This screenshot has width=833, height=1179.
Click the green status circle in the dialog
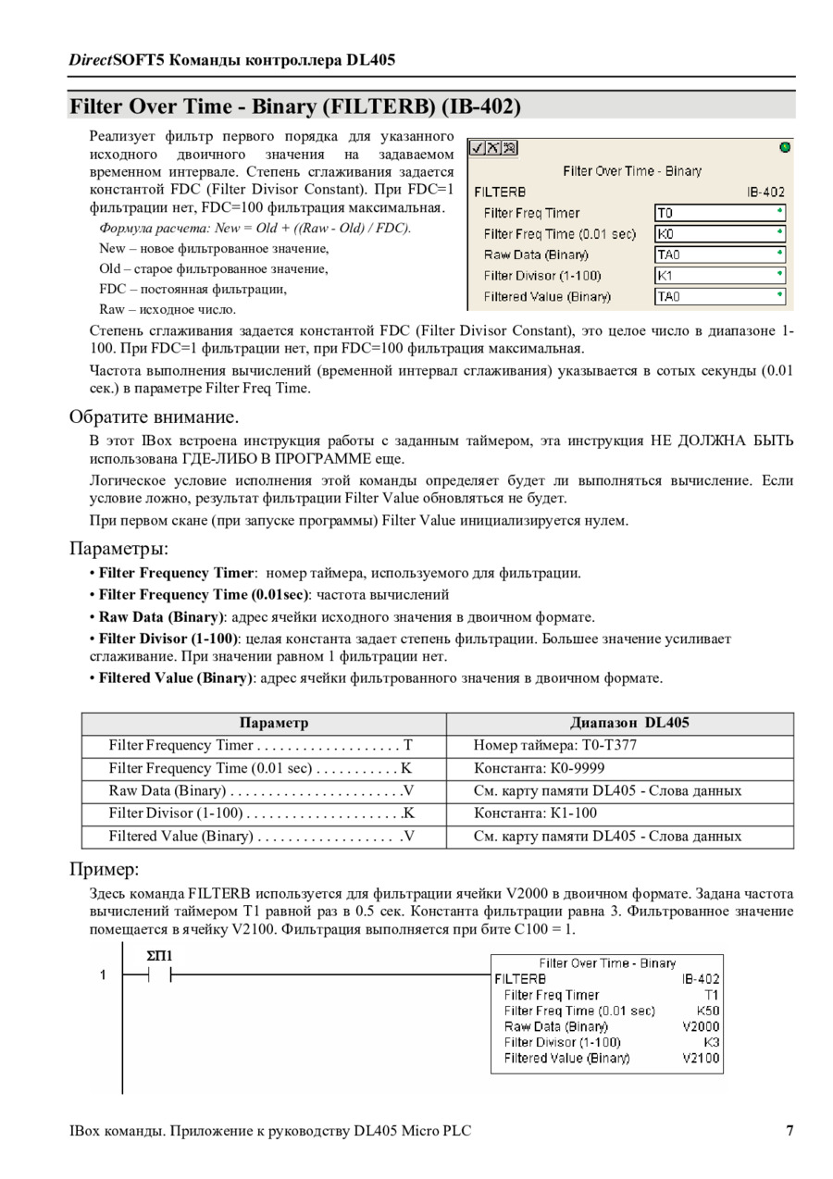coord(786,147)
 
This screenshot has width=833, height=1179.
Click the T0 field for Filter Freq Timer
coord(719,213)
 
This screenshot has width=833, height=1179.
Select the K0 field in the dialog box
coord(719,234)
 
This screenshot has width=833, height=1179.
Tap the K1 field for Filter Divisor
coord(719,276)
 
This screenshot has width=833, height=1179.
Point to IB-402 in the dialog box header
coord(765,192)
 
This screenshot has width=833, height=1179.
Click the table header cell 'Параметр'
coord(273,723)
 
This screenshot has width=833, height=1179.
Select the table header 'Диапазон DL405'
coord(629,723)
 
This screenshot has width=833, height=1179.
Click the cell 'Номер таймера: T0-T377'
coord(554,745)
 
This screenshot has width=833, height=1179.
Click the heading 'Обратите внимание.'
coord(154,416)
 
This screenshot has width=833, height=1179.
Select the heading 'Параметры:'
coord(118,549)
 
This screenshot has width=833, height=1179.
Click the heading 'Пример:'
coord(104,870)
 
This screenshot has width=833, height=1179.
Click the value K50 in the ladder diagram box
coord(708,1011)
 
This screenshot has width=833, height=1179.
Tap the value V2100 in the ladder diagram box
coord(701,1058)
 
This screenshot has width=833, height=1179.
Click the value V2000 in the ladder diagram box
coord(701,1026)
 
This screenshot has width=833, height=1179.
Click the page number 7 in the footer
coord(789,1131)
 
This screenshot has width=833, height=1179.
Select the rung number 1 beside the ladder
coord(104,974)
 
